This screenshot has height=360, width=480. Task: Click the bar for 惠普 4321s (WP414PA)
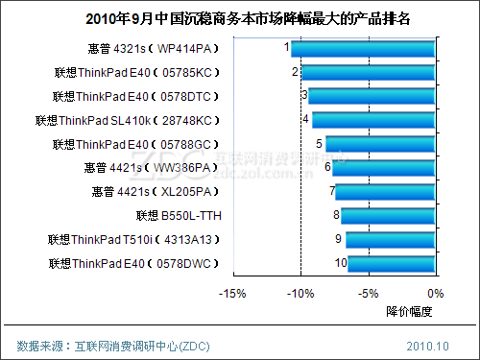point(363,49)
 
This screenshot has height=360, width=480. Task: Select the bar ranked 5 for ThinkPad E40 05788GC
point(380,144)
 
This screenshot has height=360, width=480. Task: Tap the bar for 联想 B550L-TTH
point(388,216)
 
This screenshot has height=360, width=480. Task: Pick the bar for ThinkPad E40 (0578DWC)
point(392,264)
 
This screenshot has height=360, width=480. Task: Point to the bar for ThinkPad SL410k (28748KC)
point(373,120)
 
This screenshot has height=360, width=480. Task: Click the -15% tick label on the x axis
point(232,294)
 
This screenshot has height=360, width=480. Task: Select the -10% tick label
point(300,294)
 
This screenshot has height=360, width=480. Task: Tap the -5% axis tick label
point(369,294)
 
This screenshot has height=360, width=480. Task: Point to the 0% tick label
point(436,294)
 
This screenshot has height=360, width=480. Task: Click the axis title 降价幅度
point(409,311)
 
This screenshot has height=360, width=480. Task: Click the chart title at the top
point(248,19)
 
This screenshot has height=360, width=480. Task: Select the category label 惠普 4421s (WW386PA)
point(151,168)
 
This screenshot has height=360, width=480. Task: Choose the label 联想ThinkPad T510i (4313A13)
point(133,240)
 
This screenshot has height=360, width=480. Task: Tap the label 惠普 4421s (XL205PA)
point(156,192)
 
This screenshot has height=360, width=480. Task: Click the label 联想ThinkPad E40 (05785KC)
point(137,73)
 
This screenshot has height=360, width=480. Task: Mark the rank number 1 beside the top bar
point(287,47)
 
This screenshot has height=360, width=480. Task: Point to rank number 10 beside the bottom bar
point(341,263)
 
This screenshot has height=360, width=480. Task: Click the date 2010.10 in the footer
point(427,347)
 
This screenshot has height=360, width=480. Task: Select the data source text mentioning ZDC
point(113,347)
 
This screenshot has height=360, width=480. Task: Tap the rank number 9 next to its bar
point(338,239)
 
